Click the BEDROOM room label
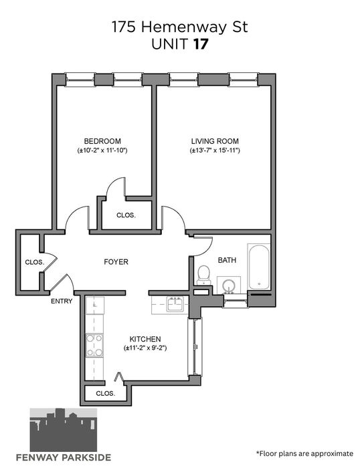pos(102,141)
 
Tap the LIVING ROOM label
pos(215,141)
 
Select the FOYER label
pos(116,262)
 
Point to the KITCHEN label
pos(145,339)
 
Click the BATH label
pos(227,260)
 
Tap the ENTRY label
pos(62,301)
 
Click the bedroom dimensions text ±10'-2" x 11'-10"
pos(102,150)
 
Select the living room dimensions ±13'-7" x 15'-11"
pos(215,150)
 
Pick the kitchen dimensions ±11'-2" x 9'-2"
pos(145,348)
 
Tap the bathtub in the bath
pos(259,267)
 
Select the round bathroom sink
pos(229,286)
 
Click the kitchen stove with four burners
pos(94,345)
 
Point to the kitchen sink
pos(175,304)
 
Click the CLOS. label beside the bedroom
pos(126,215)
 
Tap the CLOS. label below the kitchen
pos(105,394)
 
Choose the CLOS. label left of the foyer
pos(35,263)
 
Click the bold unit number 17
pos(201,44)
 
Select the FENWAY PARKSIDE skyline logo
pos(64,435)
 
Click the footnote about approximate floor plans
pos(304,453)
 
